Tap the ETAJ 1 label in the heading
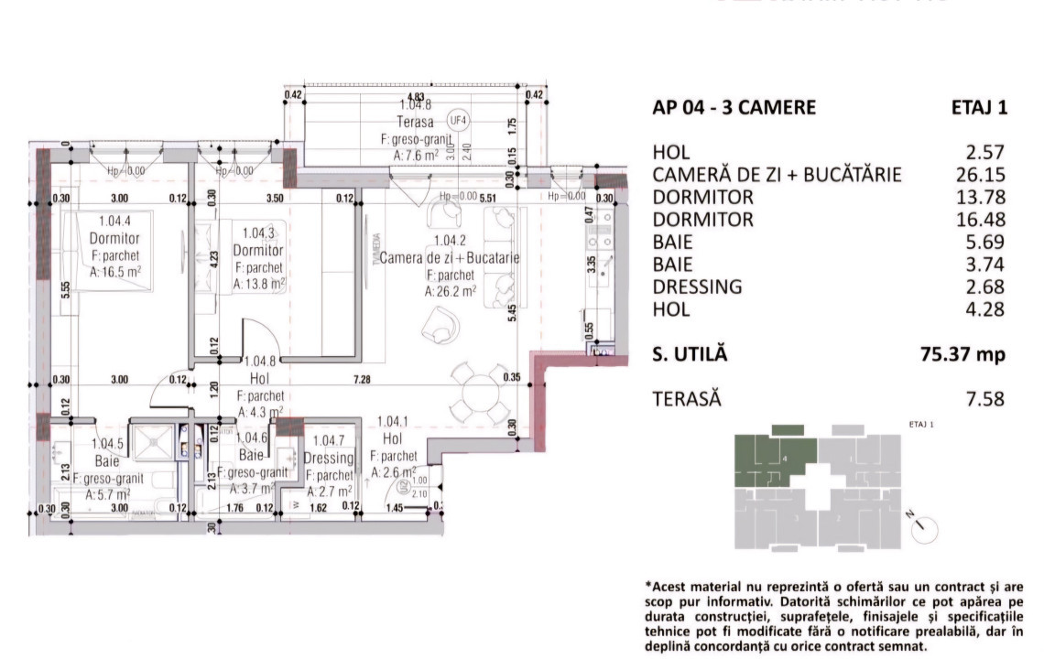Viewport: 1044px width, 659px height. pyautogui.click(x=979, y=107)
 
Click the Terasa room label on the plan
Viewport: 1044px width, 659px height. pyautogui.click(x=415, y=122)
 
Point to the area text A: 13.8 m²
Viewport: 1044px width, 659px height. pyautogui.click(x=259, y=284)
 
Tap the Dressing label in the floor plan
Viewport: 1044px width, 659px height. pyautogui.click(x=328, y=458)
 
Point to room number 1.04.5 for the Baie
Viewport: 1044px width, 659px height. pyautogui.click(x=107, y=444)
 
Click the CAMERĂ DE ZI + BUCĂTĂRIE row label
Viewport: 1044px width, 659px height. pyautogui.click(x=778, y=175)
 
